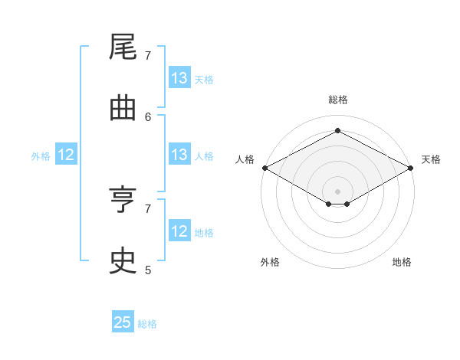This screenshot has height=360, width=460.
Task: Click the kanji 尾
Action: coord(123,46)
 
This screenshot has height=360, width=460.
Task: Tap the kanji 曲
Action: coord(123,109)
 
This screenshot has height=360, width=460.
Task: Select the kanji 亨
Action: coord(123,199)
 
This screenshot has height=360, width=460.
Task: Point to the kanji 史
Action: coord(123,260)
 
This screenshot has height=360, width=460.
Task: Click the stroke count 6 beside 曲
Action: coord(148,117)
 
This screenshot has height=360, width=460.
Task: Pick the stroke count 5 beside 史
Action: coord(148,270)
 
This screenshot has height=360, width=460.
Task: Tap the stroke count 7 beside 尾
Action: coord(148,56)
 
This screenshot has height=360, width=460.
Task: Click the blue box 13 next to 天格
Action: coord(179,77)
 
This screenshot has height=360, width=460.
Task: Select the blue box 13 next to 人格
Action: coord(179,154)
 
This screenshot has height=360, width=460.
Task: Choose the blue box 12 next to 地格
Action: coord(179,230)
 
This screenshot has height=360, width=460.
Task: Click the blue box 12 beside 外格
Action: coord(66,154)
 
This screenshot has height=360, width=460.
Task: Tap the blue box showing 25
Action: coord(123,321)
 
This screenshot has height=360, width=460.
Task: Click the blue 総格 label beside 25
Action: coord(147,324)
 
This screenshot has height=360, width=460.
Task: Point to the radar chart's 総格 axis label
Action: coord(338,100)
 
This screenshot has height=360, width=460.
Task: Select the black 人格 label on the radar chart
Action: coord(245,159)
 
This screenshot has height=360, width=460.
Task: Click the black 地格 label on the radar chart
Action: coord(402,262)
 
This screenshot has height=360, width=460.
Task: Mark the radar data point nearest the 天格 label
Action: coord(411,168)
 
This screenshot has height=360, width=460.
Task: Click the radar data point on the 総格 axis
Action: coord(337,130)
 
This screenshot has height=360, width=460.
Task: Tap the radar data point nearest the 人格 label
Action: coord(265,168)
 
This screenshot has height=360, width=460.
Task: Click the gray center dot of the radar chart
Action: coord(337,191)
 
